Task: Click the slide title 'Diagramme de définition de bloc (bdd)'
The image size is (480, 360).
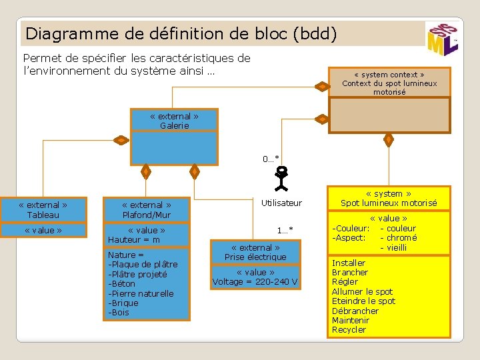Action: (x=180, y=33)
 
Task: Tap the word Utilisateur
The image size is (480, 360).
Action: (x=281, y=203)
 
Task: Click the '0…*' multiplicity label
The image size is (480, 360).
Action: (x=271, y=158)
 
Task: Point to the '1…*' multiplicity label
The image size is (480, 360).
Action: (x=285, y=231)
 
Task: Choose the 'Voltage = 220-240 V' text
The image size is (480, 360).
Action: (x=255, y=282)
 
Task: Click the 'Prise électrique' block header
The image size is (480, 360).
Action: (x=255, y=252)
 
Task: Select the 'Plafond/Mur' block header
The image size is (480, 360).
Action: (x=147, y=210)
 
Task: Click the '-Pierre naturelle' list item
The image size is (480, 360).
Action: (x=141, y=293)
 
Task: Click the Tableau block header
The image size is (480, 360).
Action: (x=43, y=210)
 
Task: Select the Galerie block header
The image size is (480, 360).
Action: (x=174, y=121)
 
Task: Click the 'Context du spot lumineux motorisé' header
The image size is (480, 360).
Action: (x=389, y=83)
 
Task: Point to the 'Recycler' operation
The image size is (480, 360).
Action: (x=349, y=329)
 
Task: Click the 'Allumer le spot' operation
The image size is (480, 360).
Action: (x=362, y=291)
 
